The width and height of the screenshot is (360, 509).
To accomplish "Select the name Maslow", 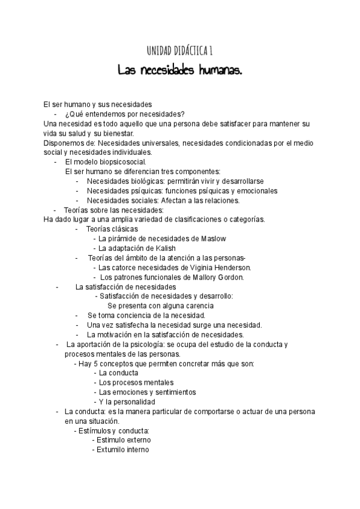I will [x=214, y=238].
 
